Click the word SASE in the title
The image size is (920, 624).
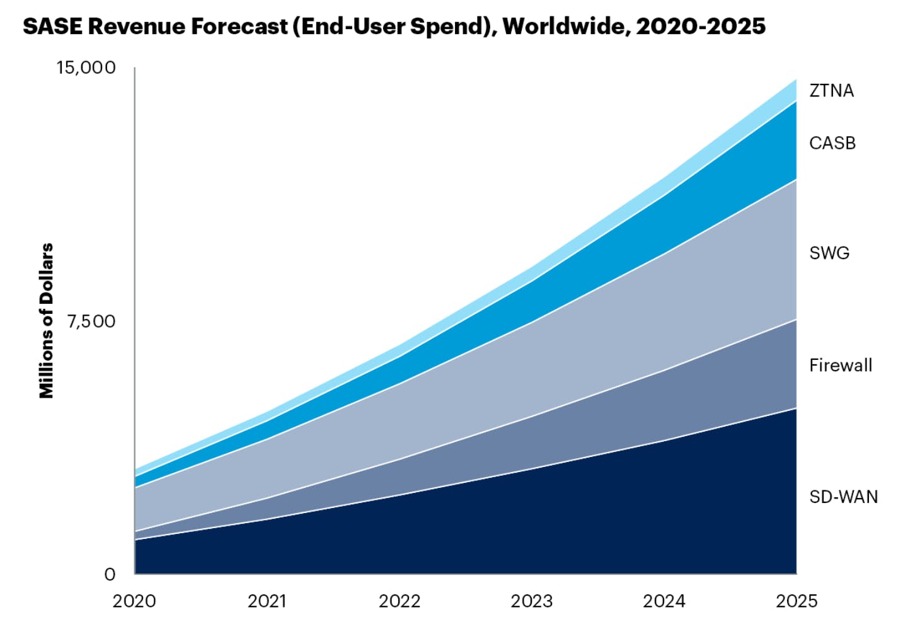click(52, 26)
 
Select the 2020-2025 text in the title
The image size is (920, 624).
click(700, 26)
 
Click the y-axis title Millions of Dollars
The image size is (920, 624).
click(47, 321)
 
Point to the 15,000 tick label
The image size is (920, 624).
click(86, 67)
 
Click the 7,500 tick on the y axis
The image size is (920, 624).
click(91, 321)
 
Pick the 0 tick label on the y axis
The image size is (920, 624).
click(110, 574)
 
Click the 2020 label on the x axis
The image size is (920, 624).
click(134, 601)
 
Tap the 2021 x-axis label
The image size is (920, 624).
click(267, 601)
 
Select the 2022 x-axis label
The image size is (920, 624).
click(400, 601)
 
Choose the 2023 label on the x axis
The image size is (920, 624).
click(532, 601)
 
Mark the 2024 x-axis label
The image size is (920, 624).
click(664, 601)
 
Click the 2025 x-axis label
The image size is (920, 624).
click(796, 601)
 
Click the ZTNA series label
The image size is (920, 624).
click(831, 91)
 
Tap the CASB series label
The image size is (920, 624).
click(832, 143)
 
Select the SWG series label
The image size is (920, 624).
click(829, 253)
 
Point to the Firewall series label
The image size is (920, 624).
click(841, 365)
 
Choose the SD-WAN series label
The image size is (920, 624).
click(843, 497)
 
